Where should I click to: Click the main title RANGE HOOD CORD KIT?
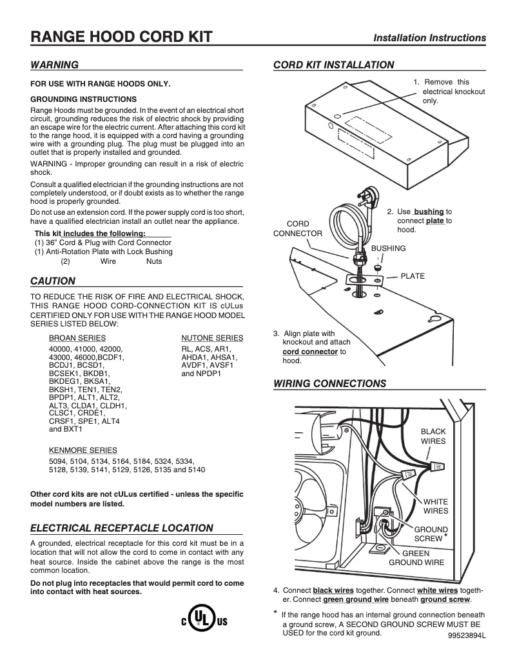click(x=122, y=37)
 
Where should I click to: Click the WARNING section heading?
click(x=55, y=65)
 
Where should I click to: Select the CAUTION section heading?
click(x=54, y=281)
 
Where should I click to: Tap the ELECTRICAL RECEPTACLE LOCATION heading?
click(x=122, y=528)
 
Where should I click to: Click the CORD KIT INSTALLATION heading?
click(x=334, y=65)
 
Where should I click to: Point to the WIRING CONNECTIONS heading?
click(x=330, y=384)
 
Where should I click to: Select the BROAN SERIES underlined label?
click(x=77, y=338)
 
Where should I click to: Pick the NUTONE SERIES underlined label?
click(x=212, y=338)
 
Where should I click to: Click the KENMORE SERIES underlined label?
click(x=83, y=450)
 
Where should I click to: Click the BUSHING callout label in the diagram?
click(x=389, y=248)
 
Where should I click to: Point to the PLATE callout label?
click(x=413, y=276)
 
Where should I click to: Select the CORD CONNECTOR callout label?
click(x=297, y=228)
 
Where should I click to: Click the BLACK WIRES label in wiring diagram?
click(x=433, y=436)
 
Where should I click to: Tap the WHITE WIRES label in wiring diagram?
click(x=435, y=506)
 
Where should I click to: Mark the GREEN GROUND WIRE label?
click(x=416, y=557)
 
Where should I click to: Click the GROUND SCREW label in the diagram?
click(x=429, y=534)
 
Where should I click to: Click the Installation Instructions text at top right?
click(x=430, y=38)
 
